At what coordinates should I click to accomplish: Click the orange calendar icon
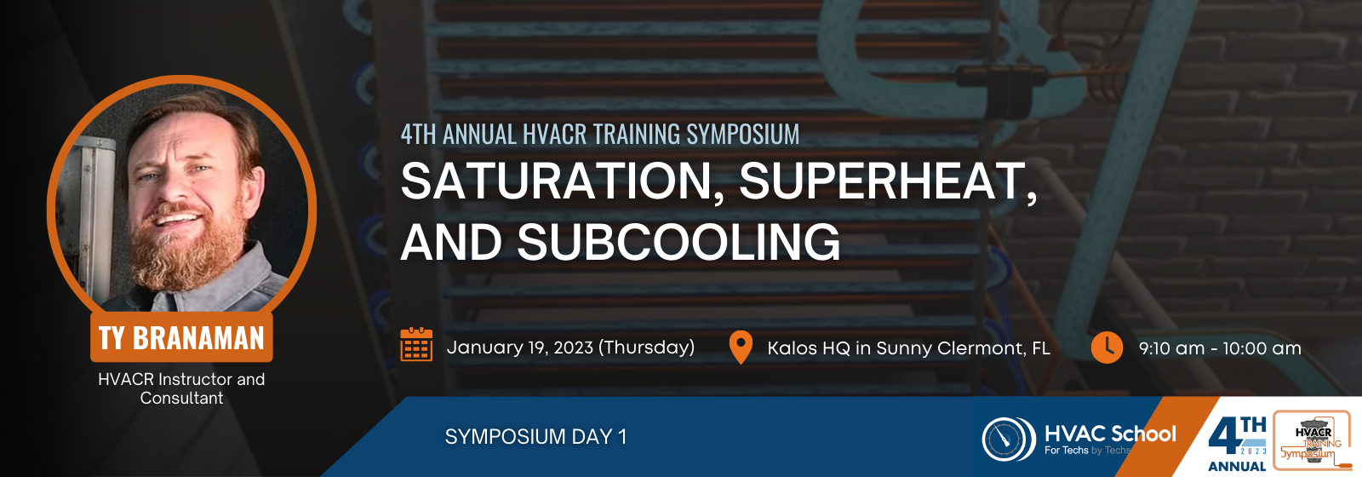pyautogui.click(x=416, y=344)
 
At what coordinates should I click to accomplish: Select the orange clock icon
pyautogui.click(x=1107, y=348)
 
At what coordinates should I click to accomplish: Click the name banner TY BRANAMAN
pyautogui.click(x=181, y=337)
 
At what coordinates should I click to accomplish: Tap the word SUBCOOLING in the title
pyautogui.click(x=678, y=242)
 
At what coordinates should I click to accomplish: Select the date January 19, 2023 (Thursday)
pyautogui.click(x=570, y=348)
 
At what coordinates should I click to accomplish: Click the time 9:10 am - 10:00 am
pyautogui.click(x=1220, y=348)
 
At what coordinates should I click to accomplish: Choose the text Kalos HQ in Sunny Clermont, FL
pyautogui.click(x=908, y=348)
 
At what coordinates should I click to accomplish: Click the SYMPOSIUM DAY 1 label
pyautogui.click(x=535, y=437)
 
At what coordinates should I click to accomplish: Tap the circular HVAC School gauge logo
pyautogui.click(x=1009, y=439)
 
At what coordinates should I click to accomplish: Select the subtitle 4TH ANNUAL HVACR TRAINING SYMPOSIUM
pyautogui.click(x=600, y=135)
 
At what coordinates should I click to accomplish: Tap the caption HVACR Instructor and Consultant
pyautogui.click(x=181, y=388)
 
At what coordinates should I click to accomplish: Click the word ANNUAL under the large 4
pyautogui.click(x=1237, y=467)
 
